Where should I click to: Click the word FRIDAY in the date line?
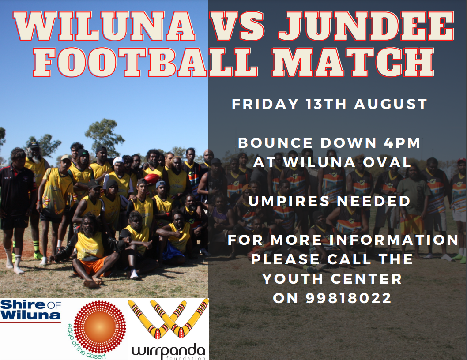point(265,104)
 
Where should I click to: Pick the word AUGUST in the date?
point(391,104)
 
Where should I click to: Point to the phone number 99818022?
point(349,298)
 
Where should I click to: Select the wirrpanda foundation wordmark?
point(168,352)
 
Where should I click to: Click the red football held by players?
point(151,178)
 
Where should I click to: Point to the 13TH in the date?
point(325,104)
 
